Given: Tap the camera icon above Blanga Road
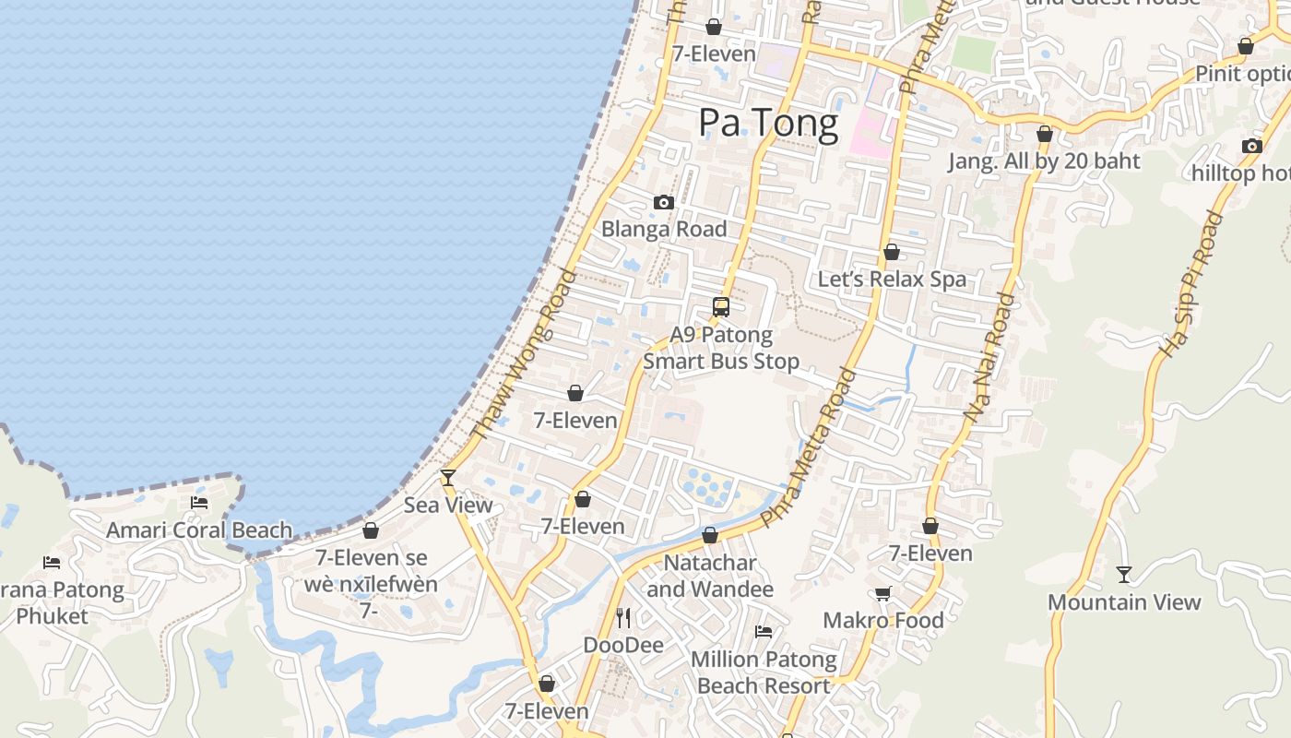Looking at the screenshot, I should point(663,202).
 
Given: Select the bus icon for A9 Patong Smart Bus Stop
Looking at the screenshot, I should point(721,307).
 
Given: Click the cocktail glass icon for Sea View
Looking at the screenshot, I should point(448,477).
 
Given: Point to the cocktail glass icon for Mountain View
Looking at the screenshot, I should point(1123,575).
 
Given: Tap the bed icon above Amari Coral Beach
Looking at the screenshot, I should point(199,503).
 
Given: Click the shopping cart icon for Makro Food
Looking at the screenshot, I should point(882,593).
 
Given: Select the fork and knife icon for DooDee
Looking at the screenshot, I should point(623,617).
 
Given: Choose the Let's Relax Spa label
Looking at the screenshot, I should point(892,280).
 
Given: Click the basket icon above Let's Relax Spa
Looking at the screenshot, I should point(892,252).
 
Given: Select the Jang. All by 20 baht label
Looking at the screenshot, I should point(1044,161).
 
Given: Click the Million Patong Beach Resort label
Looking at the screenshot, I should point(764,673).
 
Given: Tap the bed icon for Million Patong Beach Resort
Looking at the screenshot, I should point(764,632).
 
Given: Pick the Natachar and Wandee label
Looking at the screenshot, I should point(710,576).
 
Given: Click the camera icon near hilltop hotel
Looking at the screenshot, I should point(1251,146).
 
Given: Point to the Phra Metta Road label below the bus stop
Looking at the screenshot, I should point(810,448).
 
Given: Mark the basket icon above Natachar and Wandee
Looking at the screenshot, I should point(710,535).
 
